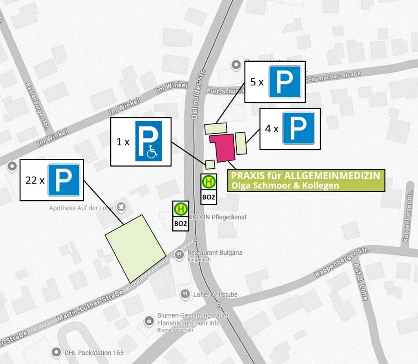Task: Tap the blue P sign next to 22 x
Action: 64,180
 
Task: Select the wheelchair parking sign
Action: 148,141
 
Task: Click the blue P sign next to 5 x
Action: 285,82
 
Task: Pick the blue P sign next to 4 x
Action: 298,128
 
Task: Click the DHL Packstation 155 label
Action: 93,352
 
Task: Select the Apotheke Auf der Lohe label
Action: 80,208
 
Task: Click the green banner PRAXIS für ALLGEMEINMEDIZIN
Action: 306,180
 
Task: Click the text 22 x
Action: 34,180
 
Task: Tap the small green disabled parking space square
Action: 210,165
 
